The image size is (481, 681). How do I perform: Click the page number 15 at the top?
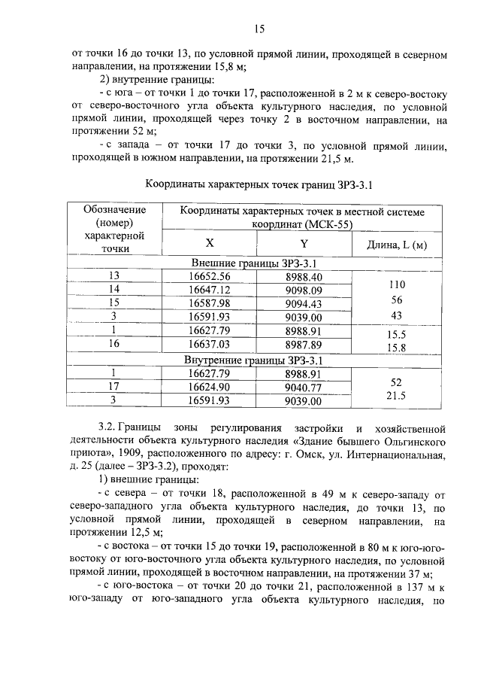(x=259, y=29)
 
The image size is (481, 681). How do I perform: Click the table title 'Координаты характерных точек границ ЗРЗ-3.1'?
(x=259, y=184)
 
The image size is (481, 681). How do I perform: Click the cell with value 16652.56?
(x=210, y=276)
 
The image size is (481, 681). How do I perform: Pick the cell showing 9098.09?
(x=304, y=290)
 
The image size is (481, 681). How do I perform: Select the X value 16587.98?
(x=210, y=303)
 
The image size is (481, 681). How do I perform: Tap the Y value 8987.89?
(x=304, y=344)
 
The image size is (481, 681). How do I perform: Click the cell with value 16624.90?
(x=210, y=387)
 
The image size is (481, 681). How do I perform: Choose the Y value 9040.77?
(x=304, y=387)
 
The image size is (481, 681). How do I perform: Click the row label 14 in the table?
(x=114, y=290)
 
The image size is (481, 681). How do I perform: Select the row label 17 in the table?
(x=114, y=387)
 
